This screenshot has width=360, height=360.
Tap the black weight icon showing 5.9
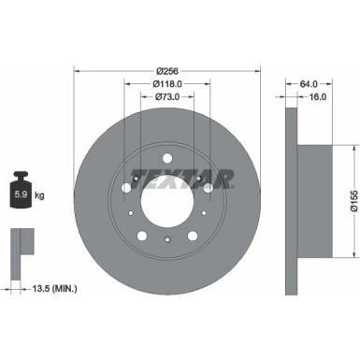tap(21, 193)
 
